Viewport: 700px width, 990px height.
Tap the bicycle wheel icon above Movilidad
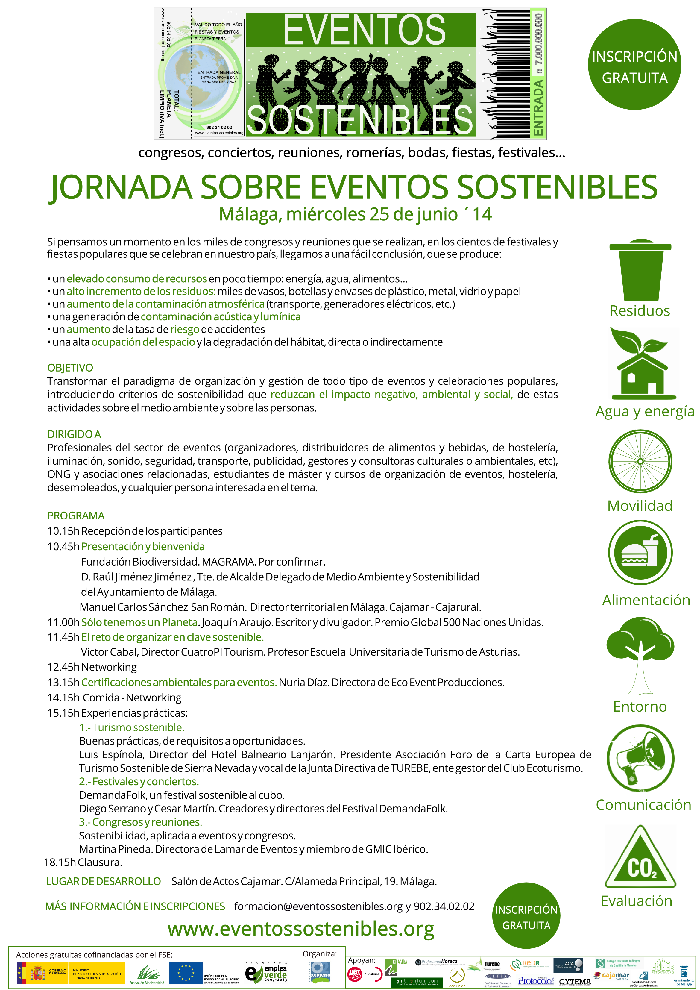640,461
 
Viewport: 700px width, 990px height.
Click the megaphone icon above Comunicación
640,758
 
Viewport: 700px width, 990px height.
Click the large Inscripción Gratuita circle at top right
634,65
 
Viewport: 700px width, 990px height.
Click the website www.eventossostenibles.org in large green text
301,928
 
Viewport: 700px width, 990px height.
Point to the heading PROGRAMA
76,516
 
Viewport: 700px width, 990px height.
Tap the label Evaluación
636,901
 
